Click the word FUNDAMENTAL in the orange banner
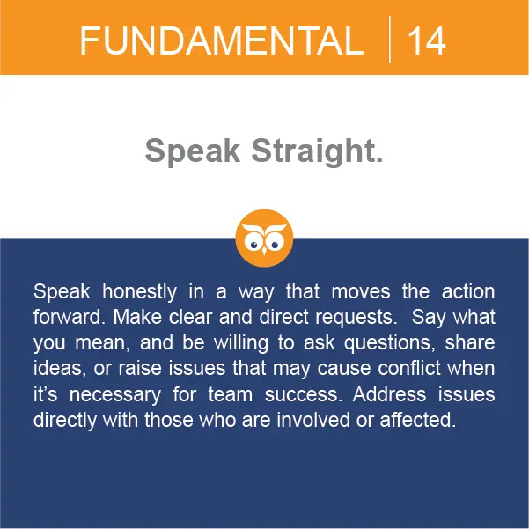pos(222,40)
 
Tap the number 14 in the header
pos(426,41)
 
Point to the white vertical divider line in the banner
pos(390,40)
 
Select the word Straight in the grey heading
pos(317,151)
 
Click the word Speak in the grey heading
pos(192,151)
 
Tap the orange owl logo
pos(264,239)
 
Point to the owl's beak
pos(264,252)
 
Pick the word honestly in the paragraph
pos(139,292)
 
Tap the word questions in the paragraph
pos(389,343)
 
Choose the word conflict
pos(409,368)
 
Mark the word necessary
pos(115,395)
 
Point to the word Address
pos(389,393)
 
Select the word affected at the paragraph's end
pos(418,419)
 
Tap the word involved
pos(313,419)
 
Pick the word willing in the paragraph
pos(241,343)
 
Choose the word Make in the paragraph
pos(137,317)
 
